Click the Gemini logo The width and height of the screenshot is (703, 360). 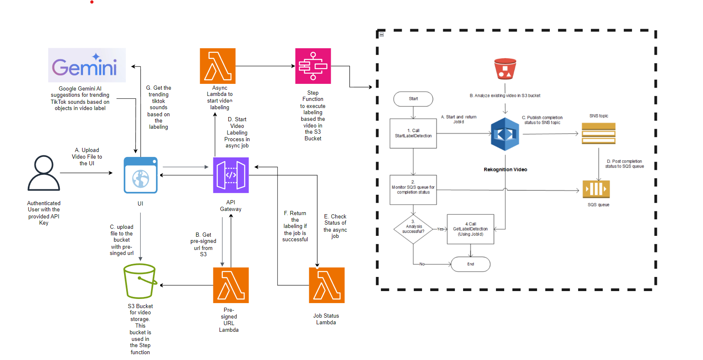(87, 65)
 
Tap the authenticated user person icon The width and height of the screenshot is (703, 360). (44, 173)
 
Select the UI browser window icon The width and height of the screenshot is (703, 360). (141, 175)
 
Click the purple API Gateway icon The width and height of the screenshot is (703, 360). (231, 175)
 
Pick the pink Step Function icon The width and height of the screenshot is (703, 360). (313, 66)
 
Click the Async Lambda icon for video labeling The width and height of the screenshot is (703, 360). (218, 66)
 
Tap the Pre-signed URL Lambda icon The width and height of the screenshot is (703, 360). (231, 285)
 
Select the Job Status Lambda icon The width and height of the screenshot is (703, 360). (327, 285)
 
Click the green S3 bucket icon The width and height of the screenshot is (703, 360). (140, 281)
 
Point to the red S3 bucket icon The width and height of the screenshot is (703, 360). (505, 69)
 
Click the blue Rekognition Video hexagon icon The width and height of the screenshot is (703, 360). (505, 134)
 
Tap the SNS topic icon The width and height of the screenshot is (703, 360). (598, 134)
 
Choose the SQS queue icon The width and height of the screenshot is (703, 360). (596, 189)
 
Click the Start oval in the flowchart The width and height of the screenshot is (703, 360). (413, 99)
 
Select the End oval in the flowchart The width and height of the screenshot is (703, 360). (471, 264)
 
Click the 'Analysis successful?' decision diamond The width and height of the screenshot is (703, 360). (413, 229)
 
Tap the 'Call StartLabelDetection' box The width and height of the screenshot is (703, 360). (413, 133)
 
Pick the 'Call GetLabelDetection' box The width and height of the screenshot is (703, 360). (471, 229)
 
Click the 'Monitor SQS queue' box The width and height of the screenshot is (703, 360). (413, 190)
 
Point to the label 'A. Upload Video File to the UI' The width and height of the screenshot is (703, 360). (87, 157)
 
